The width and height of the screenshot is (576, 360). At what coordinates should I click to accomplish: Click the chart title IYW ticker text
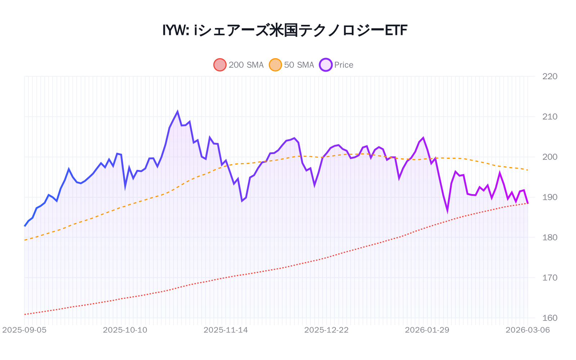pyautogui.click(x=176, y=30)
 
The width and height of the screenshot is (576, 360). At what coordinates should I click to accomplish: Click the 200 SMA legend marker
pyautogui.click(x=220, y=65)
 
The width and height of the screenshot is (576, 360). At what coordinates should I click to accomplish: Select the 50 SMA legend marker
pyautogui.click(x=275, y=65)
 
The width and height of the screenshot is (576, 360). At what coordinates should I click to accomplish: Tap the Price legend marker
pyautogui.click(x=325, y=65)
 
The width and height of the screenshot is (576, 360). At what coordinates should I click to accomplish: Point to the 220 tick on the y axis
pyautogui.click(x=550, y=76)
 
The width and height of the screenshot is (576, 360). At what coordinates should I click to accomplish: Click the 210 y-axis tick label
pyautogui.click(x=550, y=117)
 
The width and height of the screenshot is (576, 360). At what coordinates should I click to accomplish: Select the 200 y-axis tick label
pyautogui.click(x=550, y=157)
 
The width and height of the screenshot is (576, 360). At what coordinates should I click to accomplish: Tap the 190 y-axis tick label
pyautogui.click(x=550, y=197)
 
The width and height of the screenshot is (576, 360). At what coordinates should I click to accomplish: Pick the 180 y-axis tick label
pyautogui.click(x=550, y=238)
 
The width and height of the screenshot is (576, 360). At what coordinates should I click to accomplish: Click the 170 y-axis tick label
pyautogui.click(x=550, y=278)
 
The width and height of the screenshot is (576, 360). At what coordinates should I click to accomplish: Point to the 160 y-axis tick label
pyautogui.click(x=550, y=318)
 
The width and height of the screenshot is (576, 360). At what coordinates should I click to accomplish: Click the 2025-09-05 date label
pyautogui.click(x=24, y=330)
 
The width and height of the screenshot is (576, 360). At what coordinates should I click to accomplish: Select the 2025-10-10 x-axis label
pyautogui.click(x=125, y=330)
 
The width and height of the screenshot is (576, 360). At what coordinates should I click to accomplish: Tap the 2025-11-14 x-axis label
pyautogui.click(x=226, y=330)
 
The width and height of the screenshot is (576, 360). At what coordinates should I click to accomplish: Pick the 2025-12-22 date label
pyautogui.click(x=327, y=330)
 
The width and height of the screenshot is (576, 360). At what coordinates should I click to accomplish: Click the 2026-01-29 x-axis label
pyautogui.click(x=427, y=330)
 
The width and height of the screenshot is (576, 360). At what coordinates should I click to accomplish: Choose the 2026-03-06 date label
pyautogui.click(x=528, y=330)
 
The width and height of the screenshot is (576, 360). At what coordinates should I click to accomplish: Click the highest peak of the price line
pyautogui.click(x=177, y=112)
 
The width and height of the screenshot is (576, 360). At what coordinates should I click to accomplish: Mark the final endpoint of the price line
pyautogui.click(x=528, y=203)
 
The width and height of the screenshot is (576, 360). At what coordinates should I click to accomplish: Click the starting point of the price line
pyautogui.click(x=24, y=226)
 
